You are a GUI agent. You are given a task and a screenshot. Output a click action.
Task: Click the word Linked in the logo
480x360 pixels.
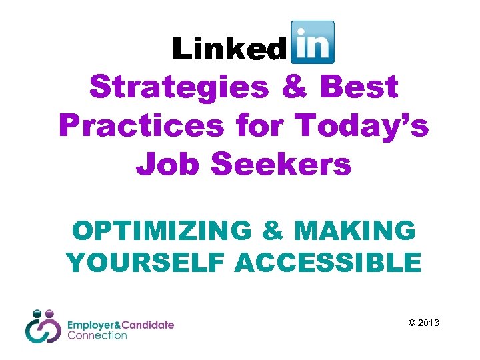228,49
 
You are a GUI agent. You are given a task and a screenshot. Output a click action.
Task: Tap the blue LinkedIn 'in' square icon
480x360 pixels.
313,41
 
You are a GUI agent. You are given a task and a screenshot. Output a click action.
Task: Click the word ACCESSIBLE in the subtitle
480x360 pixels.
328,262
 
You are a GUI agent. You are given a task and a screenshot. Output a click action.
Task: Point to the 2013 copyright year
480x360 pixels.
429,323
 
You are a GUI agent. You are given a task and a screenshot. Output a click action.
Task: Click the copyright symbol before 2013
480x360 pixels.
411,323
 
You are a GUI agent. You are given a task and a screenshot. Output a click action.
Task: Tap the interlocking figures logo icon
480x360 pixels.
43,326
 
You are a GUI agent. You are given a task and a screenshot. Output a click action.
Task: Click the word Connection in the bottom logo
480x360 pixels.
97,335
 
